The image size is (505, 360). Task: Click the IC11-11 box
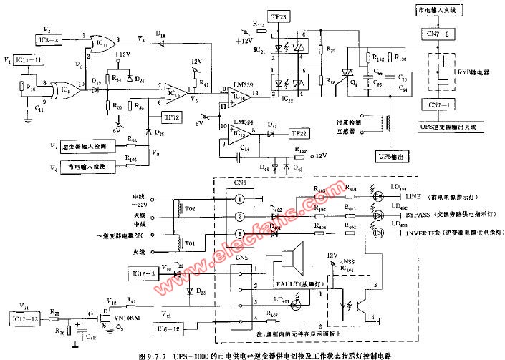coord(29,62)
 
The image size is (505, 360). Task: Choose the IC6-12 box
coord(169,329)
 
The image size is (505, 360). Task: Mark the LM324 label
coord(241,122)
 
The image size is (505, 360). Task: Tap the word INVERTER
coord(420,233)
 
